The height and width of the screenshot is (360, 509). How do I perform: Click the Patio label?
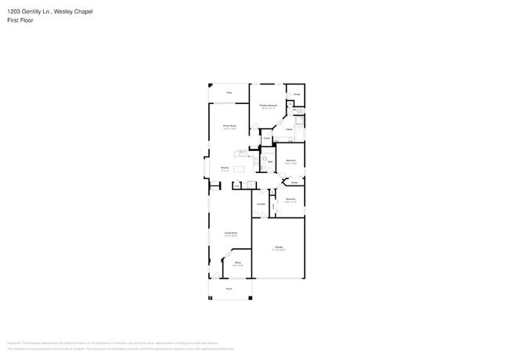[229, 93]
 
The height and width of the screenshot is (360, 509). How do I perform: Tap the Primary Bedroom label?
[269, 105]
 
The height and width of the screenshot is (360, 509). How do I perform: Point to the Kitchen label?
[224, 167]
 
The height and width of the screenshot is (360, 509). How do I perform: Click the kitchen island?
[238, 168]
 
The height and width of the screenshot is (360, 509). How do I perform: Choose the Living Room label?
[230, 233]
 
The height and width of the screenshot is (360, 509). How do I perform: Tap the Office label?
[237, 263]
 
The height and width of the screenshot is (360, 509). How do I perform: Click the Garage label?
[279, 247]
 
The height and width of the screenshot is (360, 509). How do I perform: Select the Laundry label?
[260, 203]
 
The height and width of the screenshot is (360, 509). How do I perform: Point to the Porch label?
[229, 289]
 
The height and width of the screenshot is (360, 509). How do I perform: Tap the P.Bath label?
[289, 128]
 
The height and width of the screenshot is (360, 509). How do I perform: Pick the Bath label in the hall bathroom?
[269, 162]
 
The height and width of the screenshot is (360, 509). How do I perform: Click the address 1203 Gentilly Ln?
[24, 11]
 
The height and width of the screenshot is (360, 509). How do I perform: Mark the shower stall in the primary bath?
[298, 120]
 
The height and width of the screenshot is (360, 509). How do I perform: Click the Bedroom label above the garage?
[290, 200]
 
